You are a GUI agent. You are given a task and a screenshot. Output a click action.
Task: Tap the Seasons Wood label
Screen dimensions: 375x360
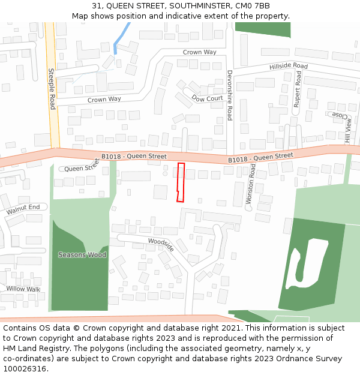pos(82,255)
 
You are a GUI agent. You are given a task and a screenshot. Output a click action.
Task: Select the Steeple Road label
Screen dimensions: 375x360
pos(52,89)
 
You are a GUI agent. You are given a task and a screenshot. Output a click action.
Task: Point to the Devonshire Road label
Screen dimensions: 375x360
pos(229,95)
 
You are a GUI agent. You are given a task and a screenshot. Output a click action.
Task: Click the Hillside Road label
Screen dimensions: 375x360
pos(288,66)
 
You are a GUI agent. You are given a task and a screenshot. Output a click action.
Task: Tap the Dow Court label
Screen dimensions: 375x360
pos(207,98)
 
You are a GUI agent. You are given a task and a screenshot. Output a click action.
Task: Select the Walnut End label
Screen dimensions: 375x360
pos(23,209)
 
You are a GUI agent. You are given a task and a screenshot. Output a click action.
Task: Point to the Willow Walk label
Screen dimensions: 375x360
pos(23,289)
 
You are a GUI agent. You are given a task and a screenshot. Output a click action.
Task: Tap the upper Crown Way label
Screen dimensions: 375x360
pos(199,52)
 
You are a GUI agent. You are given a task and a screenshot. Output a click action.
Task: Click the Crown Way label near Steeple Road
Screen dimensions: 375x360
pos(104,100)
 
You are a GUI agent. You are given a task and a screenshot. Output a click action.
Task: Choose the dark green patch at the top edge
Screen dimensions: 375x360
pos(262,29)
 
